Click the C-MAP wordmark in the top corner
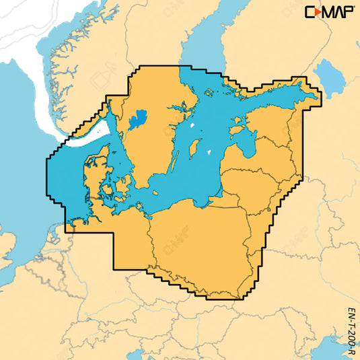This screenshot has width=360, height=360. tap(330, 12)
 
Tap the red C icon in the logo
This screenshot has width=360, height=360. tap(313, 12)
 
